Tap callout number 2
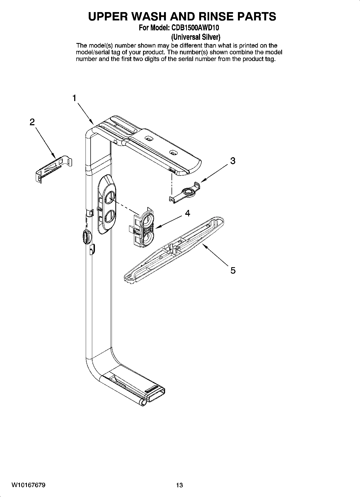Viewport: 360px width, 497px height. click(32, 122)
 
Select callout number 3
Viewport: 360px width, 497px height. click(233, 161)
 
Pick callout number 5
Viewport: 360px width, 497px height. click(233, 270)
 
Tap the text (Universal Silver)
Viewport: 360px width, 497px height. click(196, 37)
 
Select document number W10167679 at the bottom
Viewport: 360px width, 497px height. click(28, 485)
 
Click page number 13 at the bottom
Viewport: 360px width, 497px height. click(179, 485)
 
